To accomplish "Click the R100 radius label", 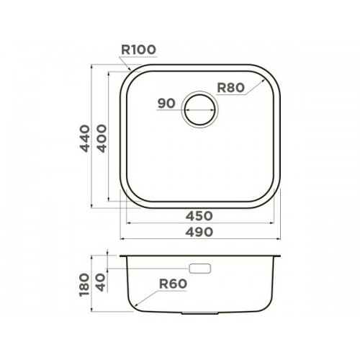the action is click(138, 50).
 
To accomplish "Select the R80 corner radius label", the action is click(230, 88).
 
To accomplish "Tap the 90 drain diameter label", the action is click(166, 104).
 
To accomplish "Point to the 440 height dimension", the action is click(85, 138).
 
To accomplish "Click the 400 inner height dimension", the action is click(102, 138).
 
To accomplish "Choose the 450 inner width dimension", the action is click(199, 216).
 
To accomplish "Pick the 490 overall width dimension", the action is click(199, 232).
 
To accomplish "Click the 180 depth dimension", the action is click(84, 284).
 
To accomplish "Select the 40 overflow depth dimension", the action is click(101, 282).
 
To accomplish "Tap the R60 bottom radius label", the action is click(173, 284).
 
